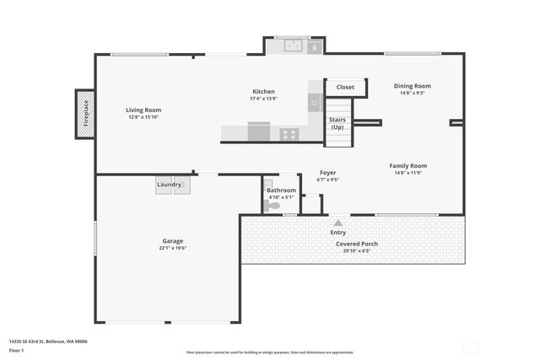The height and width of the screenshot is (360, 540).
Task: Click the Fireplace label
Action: (x=85, y=113)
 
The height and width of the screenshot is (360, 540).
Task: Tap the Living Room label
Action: (x=143, y=110)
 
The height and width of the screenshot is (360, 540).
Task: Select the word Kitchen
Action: (x=263, y=92)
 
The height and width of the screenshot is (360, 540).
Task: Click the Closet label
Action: (x=345, y=87)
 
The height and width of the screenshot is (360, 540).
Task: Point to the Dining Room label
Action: (x=413, y=86)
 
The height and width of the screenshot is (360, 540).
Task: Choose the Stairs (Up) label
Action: (x=337, y=123)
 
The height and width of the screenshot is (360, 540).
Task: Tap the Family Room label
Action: (x=408, y=166)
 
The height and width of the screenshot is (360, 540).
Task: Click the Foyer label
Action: (x=327, y=173)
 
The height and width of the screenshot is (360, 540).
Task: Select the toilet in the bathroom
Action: (x=272, y=204)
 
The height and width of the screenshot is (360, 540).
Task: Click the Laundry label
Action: (x=169, y=184)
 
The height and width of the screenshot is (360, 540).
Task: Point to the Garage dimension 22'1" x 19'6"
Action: (x=172, y=248)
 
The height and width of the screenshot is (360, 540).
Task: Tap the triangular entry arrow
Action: (x=338, y=223)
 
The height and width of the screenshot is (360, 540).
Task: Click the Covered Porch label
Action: (x=357, y=244)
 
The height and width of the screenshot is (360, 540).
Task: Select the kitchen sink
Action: (x=294, y=46)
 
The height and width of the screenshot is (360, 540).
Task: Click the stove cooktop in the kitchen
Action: (x=289, y=133)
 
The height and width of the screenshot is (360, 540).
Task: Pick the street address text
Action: (x=48, y=341)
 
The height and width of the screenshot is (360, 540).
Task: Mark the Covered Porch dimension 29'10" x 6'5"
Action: (x=357, y=250)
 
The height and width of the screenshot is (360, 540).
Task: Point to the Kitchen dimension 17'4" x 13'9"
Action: (x=263, y=99)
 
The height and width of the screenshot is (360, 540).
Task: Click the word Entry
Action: (x=338, y=232)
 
